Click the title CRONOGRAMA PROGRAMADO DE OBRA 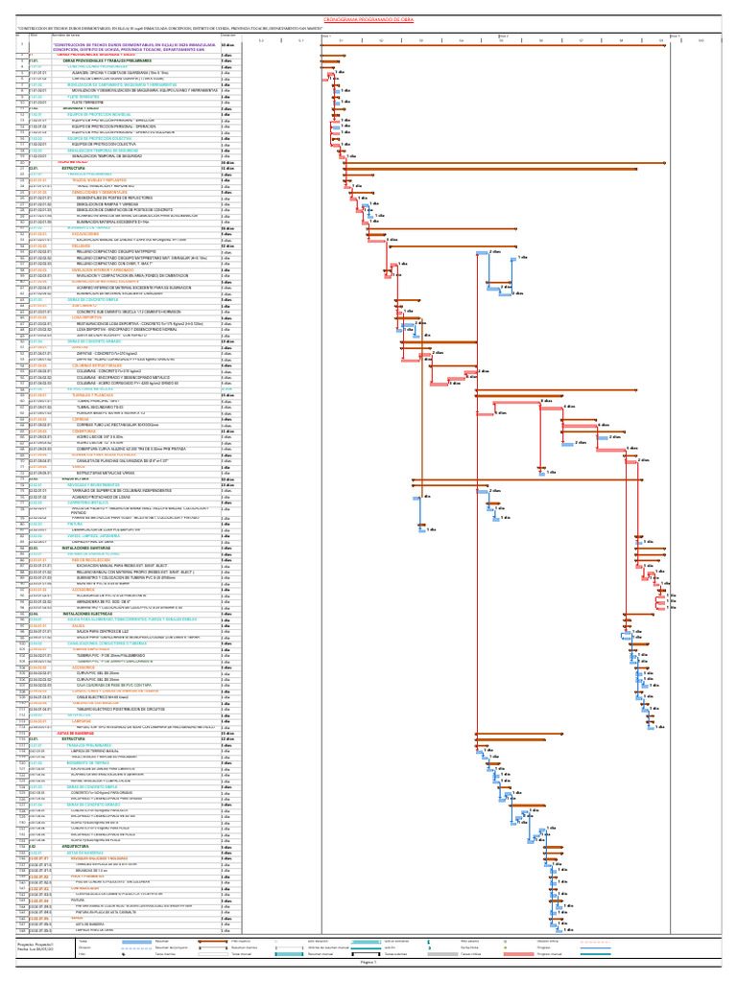coord(368,18)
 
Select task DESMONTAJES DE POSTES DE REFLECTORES coord(105,198)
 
